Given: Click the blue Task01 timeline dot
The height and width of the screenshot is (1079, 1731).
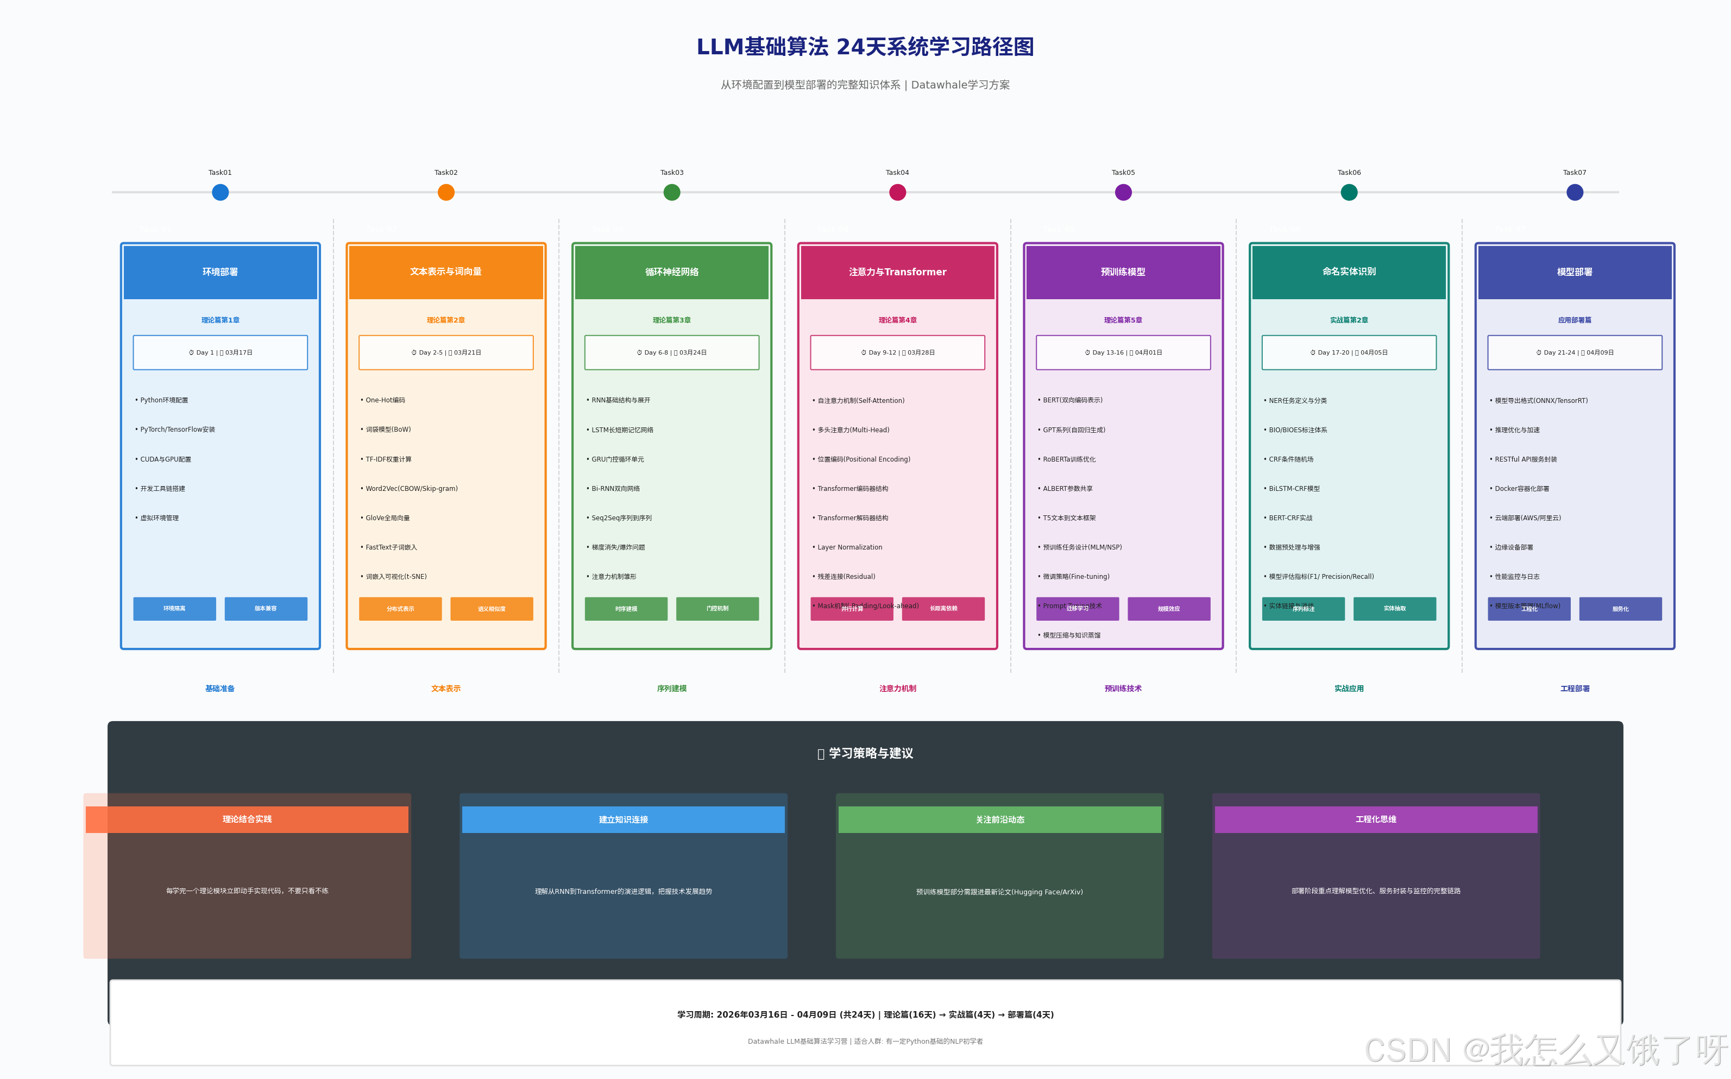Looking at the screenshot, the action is pos(220,192).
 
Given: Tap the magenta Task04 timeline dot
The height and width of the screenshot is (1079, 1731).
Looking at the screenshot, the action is pos(897,192).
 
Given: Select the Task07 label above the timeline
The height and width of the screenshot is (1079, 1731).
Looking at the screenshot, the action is pos(1574,173).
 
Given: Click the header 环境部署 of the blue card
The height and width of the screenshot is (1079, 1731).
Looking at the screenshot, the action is pos(220,272).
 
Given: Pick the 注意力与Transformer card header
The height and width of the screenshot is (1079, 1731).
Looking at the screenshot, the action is pos(897,272).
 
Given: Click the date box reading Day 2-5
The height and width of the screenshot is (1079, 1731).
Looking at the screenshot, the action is pos(445,352).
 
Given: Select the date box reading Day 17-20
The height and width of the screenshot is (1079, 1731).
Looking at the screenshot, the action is pos(1349,352).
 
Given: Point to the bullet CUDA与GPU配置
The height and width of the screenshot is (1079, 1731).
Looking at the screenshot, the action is pos(166,459).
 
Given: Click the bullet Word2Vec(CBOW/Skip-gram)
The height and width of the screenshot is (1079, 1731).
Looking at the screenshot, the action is pos(411,489).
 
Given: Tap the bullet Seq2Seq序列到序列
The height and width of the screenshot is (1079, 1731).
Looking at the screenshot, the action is pos(621,518).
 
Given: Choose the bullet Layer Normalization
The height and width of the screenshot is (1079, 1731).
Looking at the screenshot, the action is pos(849,547).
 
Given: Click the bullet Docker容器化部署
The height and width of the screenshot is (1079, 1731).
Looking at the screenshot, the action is pos(1521,489).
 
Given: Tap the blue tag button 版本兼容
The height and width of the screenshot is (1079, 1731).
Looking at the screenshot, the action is pos(266,609).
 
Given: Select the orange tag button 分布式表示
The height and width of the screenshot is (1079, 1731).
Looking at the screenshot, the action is pos(400,609).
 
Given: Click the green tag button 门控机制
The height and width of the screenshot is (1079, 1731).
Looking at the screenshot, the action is pos(717,609).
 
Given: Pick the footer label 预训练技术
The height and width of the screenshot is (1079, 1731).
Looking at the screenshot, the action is pos(1123,689).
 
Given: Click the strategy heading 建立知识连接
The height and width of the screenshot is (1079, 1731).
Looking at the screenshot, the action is pos(623,819).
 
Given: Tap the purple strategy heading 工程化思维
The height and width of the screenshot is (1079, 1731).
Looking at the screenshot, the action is pos(1376,819).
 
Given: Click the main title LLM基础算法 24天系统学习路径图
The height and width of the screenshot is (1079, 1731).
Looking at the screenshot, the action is pos(865,47).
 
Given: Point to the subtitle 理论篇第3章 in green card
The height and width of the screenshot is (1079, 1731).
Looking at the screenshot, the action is pos(671,320).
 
